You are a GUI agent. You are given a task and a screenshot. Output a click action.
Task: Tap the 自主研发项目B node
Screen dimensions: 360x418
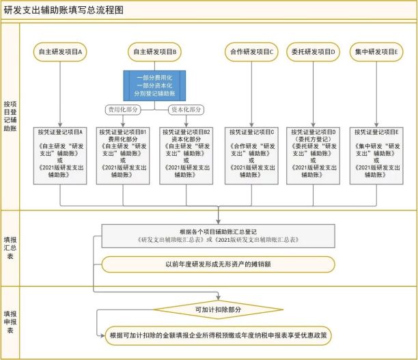[155, 52]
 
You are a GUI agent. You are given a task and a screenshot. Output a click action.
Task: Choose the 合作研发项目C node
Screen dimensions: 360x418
[252, 52]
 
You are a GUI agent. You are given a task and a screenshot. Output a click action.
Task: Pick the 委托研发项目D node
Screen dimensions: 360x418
[313, 52]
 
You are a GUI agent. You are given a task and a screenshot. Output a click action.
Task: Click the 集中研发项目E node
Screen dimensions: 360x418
[375, 52]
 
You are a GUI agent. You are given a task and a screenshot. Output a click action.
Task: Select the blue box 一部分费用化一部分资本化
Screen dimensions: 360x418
[155, 84]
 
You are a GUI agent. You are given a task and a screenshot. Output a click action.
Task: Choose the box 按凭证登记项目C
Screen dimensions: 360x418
[252, 154]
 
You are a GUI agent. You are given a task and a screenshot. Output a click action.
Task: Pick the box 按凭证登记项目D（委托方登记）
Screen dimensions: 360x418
[313, 154]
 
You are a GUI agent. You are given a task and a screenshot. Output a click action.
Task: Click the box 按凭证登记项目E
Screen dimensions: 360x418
[375, 154]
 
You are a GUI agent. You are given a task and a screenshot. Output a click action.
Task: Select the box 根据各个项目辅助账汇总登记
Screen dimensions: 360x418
[219, 236]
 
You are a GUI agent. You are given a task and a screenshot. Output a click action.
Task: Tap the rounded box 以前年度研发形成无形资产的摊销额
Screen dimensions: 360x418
[219, 264]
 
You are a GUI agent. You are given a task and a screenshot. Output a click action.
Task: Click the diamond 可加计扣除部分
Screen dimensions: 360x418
[219, 309]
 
